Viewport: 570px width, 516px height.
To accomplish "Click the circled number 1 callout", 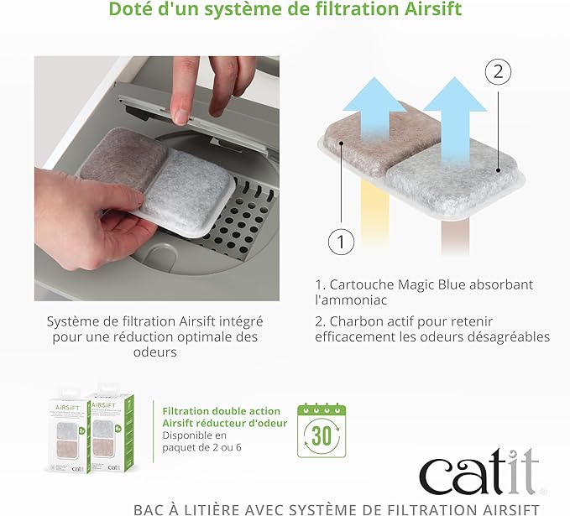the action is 341,242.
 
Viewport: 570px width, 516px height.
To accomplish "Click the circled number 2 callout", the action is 498,71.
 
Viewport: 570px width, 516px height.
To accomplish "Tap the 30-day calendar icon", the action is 322,430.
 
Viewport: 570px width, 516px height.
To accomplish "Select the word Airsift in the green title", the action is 433,8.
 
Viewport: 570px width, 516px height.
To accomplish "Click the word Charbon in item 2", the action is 354,321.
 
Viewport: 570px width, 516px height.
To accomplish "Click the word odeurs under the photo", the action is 154,352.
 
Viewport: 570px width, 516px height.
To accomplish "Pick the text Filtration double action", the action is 221,411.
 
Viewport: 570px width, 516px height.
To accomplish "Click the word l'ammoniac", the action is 351,300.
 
